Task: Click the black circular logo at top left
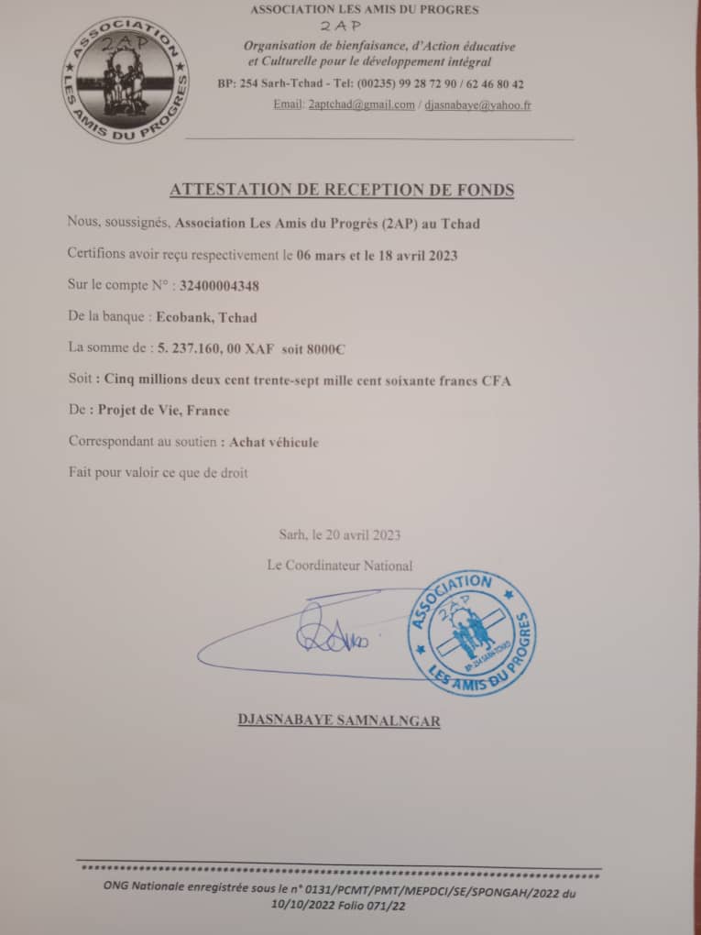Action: [126, 80]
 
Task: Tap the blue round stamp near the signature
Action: [473, 632]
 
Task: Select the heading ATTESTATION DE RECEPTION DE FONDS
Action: [342, 191]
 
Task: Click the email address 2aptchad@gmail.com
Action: [361, 104]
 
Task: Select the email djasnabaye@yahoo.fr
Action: [477, 104]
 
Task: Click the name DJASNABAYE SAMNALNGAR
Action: [339, 721]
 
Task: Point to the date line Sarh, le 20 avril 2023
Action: [340, 535]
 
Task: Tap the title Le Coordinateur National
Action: [340, 566]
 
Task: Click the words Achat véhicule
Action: [273, 442]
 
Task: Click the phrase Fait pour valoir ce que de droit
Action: [158, 473]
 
